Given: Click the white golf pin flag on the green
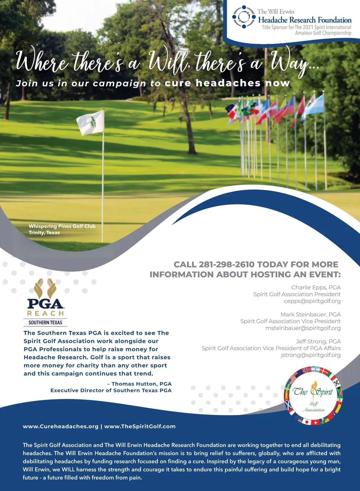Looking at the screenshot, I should coord(91,122).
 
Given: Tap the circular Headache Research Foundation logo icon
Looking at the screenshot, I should coord(244,17).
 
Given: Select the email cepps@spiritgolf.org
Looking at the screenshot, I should coord(312,301).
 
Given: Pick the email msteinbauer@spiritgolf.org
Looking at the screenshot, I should coord(303,328).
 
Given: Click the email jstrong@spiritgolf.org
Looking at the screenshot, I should coord(311,355).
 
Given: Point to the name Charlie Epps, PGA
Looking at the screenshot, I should coord(316,287).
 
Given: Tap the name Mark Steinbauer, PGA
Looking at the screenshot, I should coord(310,314).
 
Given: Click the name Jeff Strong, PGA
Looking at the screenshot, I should coord(318,341).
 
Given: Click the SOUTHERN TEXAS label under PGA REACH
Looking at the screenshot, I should coord(45,323).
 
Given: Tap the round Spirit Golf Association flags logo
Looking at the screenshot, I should coord(313,396).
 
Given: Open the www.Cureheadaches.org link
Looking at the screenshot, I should coord(61,426).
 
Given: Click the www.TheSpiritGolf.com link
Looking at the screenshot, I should coord(140,426).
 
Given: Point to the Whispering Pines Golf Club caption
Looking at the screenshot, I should coord(62,226).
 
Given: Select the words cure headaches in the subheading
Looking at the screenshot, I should coord(212,83).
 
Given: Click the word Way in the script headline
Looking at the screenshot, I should coord(289,61).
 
